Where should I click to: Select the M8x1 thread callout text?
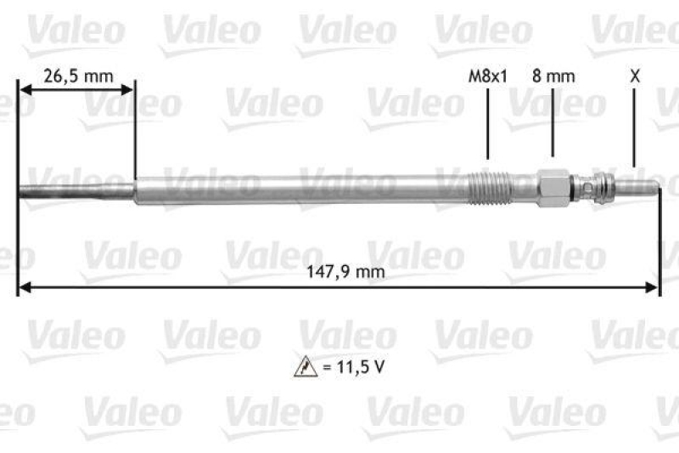488,76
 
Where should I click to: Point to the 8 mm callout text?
553,76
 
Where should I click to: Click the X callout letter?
634,76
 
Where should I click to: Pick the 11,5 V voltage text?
350,368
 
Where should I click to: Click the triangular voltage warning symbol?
303,368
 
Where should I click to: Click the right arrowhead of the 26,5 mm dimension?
128,88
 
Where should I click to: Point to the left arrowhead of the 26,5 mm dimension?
24,88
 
